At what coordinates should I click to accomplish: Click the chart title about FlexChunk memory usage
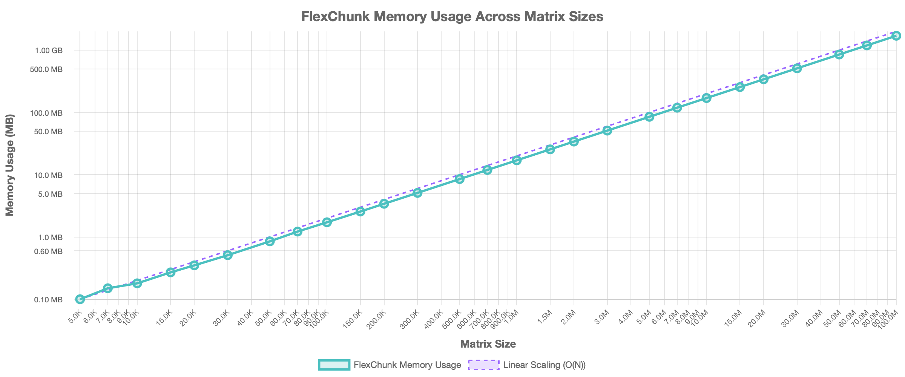[452, 17]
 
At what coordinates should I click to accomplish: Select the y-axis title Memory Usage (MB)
[10, 165]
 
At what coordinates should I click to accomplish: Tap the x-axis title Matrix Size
[488, 344]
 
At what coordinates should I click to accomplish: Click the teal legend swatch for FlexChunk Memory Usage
[334, 365]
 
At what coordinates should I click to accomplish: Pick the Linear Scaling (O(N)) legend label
[544, 365]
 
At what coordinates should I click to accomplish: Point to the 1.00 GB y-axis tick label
[49, 51]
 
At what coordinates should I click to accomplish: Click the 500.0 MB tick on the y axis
[46, 69]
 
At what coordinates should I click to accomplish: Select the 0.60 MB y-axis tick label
[48, 251]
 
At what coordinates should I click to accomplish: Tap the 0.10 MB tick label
[48, 300]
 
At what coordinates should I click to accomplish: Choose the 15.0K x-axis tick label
[165, 318]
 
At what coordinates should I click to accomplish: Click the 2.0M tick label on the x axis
[569, 318]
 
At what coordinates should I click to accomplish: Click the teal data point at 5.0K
[80, 299]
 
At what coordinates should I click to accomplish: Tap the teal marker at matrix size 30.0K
[228, 255]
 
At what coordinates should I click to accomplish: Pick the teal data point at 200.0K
[384, 204]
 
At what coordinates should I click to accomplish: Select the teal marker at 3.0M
[607, 130]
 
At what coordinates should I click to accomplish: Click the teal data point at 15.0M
[740, 87]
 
